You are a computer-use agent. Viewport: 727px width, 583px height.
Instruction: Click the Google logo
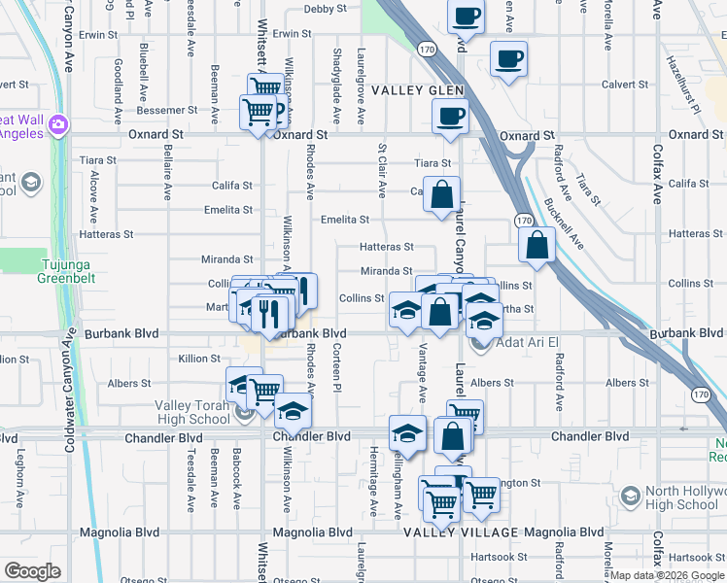(x=33, y=571)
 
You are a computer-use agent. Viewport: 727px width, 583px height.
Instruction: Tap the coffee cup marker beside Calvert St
(x=508, y=59)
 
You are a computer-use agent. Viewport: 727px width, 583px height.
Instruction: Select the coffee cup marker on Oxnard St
(x=449, y=117)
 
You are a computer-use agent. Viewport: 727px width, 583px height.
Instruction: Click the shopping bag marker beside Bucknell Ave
(x=537, y=246)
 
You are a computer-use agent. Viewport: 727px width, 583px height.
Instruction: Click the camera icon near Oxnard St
(x=58, y=124)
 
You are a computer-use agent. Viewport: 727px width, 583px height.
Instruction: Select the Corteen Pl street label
(x=337, y=368)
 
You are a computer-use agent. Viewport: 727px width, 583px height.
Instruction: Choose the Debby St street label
(x=325, y=9)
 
